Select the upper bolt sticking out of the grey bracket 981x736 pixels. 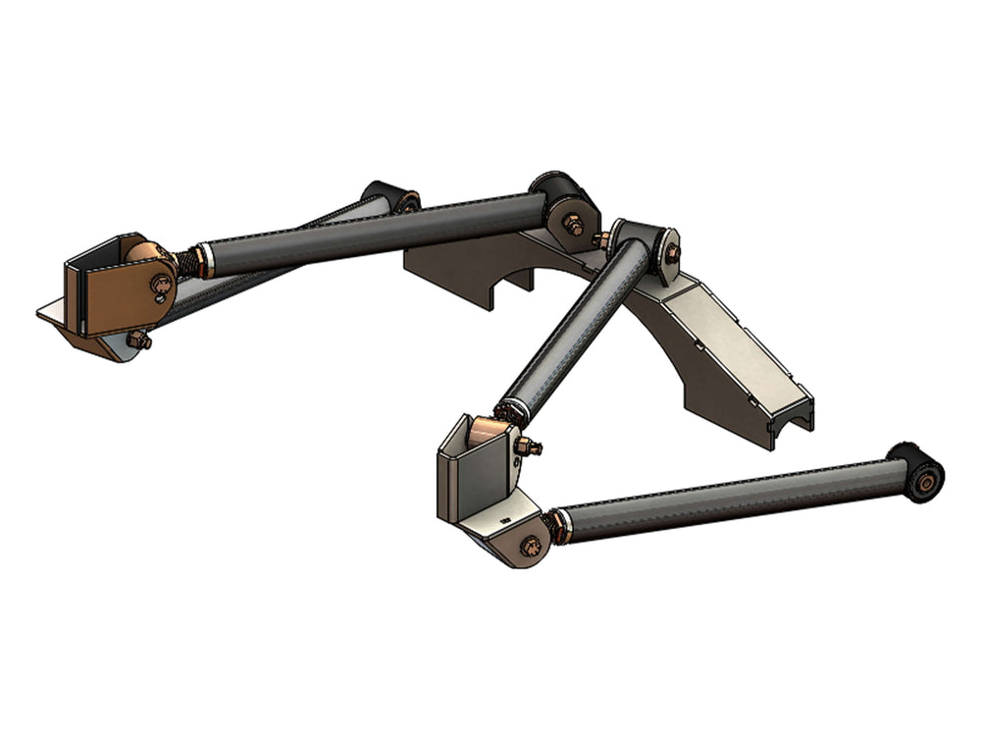coord(531,447)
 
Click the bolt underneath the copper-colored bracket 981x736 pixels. coord(139,341)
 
